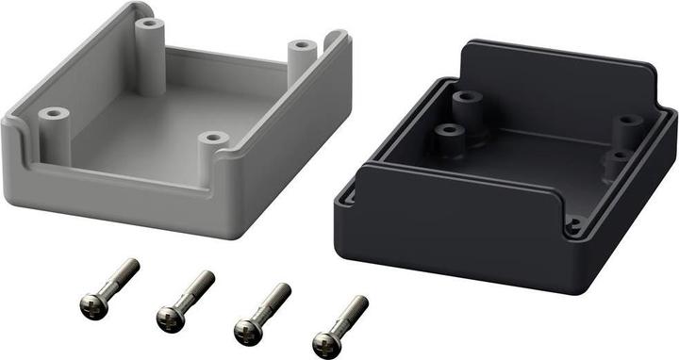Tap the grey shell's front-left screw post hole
(53, 114)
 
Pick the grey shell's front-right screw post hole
(214, 139)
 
